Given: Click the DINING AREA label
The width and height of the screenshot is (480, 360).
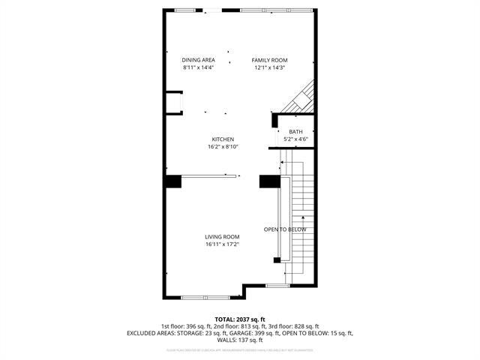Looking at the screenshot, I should pos(198,60).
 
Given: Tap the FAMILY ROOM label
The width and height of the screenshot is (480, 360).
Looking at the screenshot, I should pos(270,60).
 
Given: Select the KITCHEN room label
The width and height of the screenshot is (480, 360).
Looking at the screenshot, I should pos(223,139).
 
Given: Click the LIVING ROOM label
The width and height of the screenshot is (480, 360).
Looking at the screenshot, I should pos(222,237).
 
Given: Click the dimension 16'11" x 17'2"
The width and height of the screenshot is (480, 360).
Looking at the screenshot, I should pos(222,244).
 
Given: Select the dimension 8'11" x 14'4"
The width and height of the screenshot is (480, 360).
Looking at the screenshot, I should pos(198,67).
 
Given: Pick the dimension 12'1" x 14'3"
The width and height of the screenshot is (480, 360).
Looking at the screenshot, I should pos(270,67).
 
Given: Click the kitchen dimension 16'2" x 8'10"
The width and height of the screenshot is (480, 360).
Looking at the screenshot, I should pos(223,147).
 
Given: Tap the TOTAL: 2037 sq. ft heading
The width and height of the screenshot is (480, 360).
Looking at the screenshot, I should pos(239,319).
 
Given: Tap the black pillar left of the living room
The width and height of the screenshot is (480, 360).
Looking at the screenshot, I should pos(173,181).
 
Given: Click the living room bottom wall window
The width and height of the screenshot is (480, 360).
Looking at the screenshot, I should pos(205,298).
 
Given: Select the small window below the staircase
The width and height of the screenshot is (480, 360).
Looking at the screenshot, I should pos(277,286).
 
